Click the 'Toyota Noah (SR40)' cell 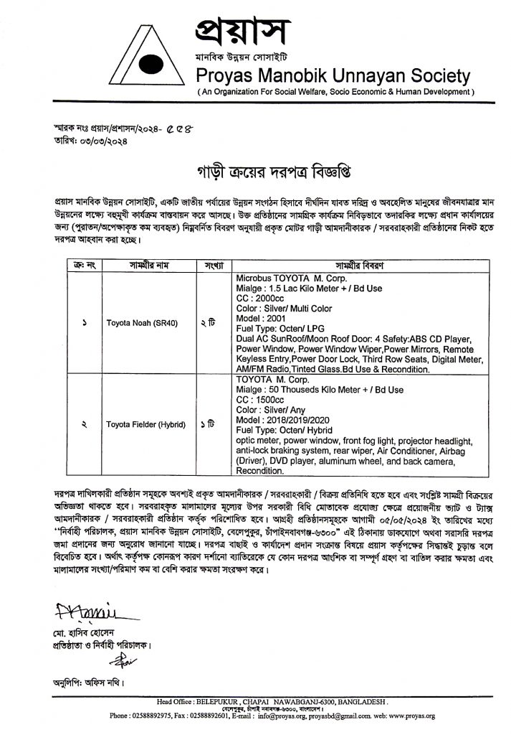click(138, 323)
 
